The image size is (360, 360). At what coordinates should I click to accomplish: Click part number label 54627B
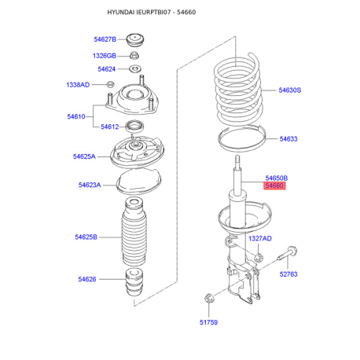(104, 39)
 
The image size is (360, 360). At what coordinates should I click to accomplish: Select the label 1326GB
(104, 56)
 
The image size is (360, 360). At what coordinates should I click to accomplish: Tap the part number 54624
(106, 69)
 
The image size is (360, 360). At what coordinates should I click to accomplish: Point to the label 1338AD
(77, 84)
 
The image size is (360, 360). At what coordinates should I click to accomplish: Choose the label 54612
(109, 127)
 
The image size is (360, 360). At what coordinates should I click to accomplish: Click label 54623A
(89, 185)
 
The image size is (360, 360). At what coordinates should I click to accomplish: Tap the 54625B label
(86, 237)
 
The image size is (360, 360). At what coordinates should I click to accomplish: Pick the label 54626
(86, 278)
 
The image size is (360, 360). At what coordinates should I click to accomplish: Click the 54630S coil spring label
(289, 90)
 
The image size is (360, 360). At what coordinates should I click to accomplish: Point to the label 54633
(288, 139)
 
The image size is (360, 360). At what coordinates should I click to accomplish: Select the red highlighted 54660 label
(275, 186)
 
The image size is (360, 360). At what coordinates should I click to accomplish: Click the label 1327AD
(260, 238)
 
